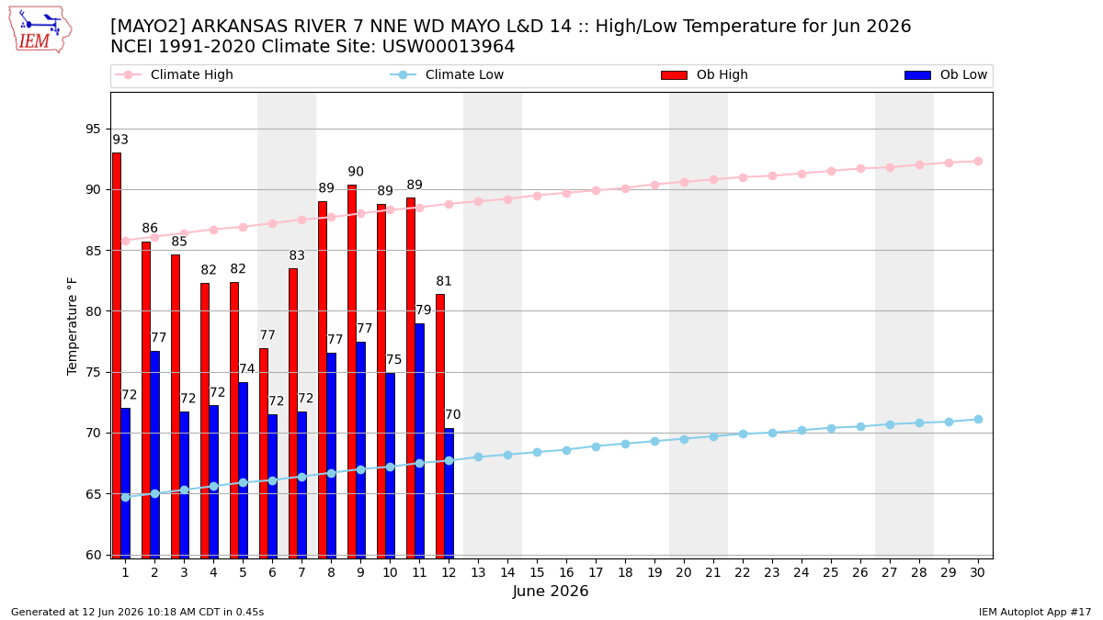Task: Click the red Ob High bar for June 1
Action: coord(117,355)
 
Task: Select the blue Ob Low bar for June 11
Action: coord(419,441)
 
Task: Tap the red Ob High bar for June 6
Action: coord(264,453)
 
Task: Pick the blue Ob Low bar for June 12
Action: coord(449,493)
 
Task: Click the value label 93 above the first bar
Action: coord(120,140)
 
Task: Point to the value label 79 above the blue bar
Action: coord(424,310)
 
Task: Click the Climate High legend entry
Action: coord(174,74)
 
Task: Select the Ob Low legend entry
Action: coord(946,74)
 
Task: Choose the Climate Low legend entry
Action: coord(447,74)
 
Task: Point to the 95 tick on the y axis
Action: coord(93,129)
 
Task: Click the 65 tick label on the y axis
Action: coord(93,494)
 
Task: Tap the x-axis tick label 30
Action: coord(977,572)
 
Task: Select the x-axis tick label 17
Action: coord(596,572)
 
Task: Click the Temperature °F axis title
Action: coord(72,326)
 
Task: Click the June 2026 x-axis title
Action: coord(551,591)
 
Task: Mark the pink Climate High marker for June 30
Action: coord(978,162)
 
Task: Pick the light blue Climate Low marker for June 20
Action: coord(684,439)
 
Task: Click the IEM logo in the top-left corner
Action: coord(40,30)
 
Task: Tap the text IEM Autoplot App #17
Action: coord(1035,612)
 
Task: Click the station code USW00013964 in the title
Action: coord(449,47)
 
